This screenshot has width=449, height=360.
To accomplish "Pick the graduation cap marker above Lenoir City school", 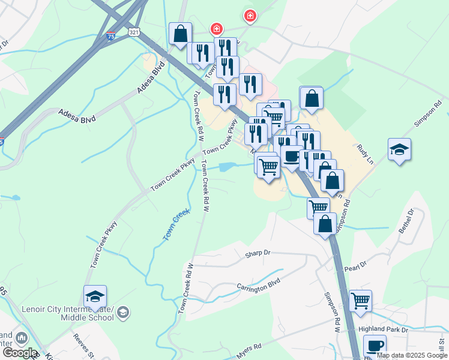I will (x=95, y=297).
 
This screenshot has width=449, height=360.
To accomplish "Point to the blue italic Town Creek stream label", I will (x=176, y=225).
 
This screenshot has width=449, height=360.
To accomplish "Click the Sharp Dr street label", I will (x=259, y=254).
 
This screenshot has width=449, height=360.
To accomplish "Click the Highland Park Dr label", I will (x=383, y=329).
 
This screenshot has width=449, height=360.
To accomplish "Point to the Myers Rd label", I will (x=249, y=347).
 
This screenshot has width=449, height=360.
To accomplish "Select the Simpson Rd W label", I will (x=332, y=313).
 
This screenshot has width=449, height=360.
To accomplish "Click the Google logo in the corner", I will (x=19, y=353).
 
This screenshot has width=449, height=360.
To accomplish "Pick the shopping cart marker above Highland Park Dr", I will (x=360, y=300).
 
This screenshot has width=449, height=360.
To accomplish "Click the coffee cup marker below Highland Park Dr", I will (x=375, y=346).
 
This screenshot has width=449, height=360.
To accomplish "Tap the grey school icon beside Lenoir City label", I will (x=123, y=312).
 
